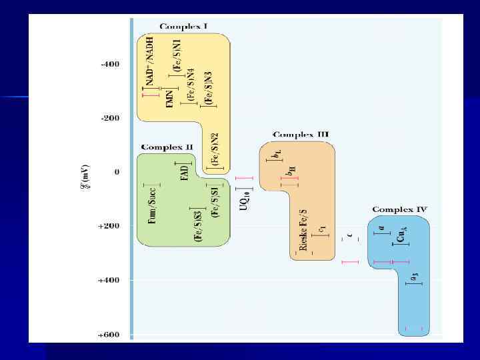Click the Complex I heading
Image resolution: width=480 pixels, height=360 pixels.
183,27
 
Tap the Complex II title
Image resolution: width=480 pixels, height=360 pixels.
167,147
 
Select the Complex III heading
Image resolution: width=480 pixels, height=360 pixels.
301,135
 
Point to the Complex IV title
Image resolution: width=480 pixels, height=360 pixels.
400,209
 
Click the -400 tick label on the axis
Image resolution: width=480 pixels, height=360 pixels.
110,65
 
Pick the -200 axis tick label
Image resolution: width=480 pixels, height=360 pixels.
110,119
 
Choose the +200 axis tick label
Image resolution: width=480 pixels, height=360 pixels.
109,226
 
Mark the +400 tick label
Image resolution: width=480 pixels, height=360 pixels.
109,280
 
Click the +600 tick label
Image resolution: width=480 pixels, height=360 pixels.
109,334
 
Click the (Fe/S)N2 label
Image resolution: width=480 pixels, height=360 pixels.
215,149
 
